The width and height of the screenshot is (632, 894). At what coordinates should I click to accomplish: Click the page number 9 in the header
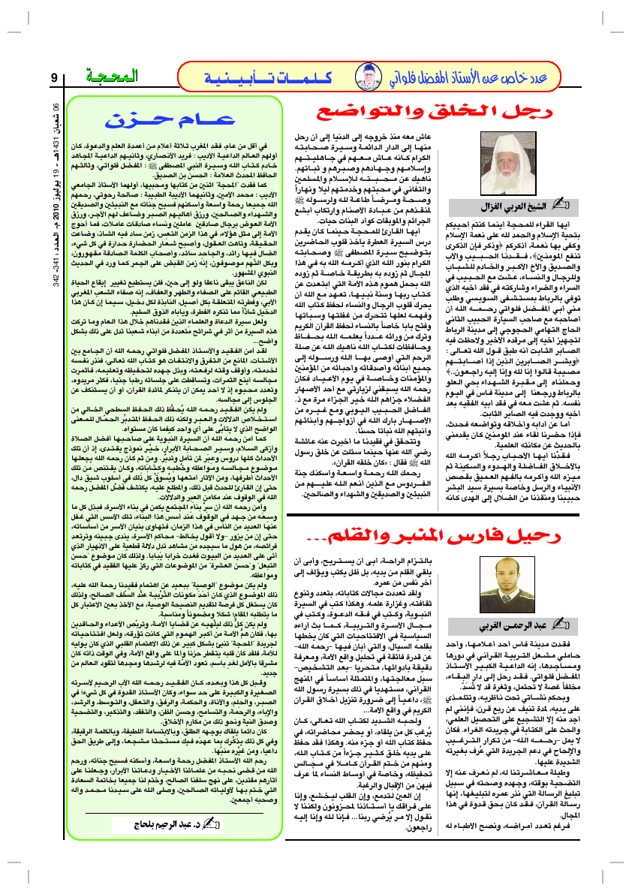coord(54,77)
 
